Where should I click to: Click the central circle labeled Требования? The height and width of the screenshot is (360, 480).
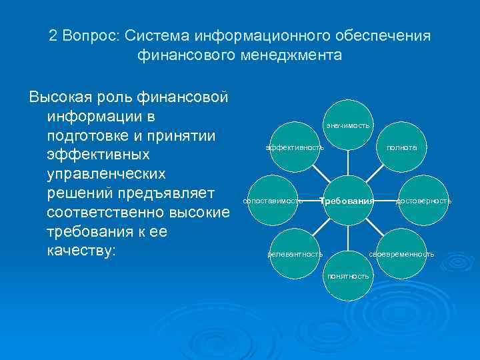click(347, 200)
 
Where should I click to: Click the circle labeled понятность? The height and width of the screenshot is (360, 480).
click(347, 275)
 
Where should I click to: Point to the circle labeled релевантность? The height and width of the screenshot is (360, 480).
click(294, 254)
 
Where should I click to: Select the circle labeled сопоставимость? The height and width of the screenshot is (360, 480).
click(273, 200)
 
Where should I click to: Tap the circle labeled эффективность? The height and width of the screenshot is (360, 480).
click(294, 147)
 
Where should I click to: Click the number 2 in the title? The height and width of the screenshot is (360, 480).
click(53, 36)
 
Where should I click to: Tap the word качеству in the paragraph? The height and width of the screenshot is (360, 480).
click(80, 253)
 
